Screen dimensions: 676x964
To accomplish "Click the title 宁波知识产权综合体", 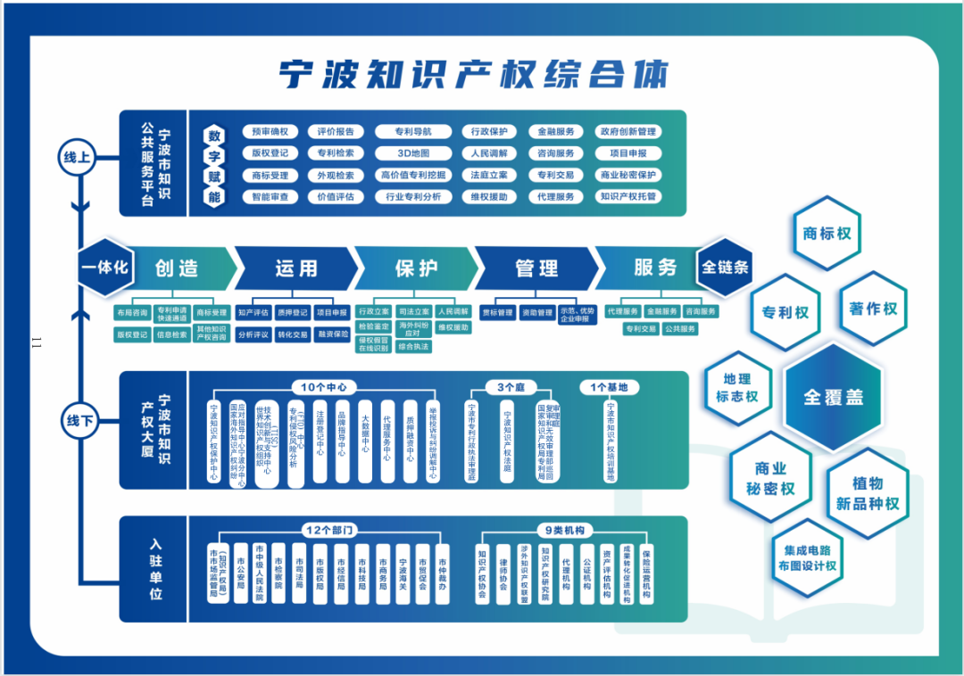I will tap(473, 75).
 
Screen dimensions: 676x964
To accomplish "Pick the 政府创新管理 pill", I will tap(628, 132).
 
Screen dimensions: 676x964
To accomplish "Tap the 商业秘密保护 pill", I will tap(628, 175).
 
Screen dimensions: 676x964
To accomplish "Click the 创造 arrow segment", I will tap(177, 268).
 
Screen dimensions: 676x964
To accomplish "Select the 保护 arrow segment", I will tap(416, 268).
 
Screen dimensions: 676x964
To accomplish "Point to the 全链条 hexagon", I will tap(725, 267).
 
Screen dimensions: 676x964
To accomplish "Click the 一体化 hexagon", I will tap(105, 267).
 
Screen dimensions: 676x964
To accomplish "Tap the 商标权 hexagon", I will tap(827, 234).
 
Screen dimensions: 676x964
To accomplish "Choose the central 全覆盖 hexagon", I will tap(833, 398).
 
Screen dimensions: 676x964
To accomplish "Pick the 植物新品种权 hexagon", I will tap(868, 493).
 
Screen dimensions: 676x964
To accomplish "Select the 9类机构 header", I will tap(566, 530).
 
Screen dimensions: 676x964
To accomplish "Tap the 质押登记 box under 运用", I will tap(292, 313).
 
